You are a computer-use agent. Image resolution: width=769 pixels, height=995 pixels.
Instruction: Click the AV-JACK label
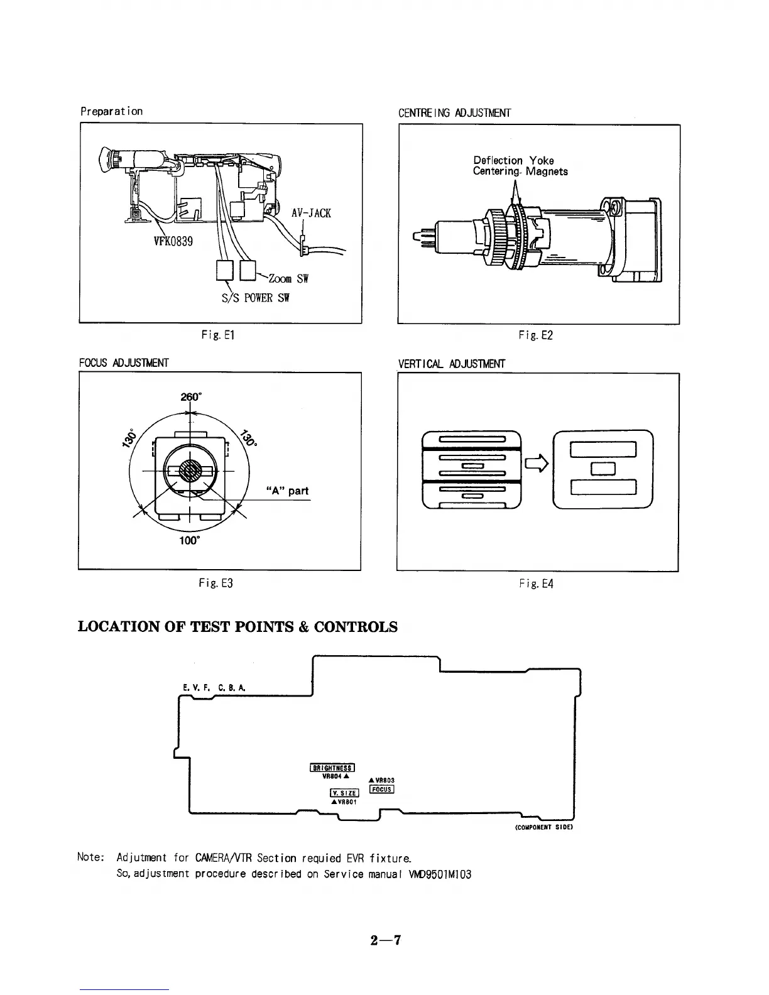(311, 213)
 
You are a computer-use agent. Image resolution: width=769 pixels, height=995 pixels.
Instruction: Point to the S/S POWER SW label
(256, 298)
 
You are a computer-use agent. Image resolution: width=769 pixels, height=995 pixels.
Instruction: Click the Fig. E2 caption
(535, 335)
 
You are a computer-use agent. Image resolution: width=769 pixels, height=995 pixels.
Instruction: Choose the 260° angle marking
(190, 397)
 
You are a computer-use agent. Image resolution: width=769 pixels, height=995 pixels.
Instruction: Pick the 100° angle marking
(189, 540)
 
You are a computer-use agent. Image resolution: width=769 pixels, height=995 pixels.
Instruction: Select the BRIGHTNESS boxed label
(332, 767)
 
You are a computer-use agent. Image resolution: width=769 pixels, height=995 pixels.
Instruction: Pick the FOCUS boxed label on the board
(381, 790)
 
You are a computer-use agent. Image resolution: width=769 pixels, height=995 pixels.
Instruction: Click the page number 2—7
(385, 940)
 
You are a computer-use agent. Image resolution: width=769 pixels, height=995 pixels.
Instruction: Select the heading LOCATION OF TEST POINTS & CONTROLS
(237, 627)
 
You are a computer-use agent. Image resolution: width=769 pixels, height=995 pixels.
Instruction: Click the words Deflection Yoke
(513, 160)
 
